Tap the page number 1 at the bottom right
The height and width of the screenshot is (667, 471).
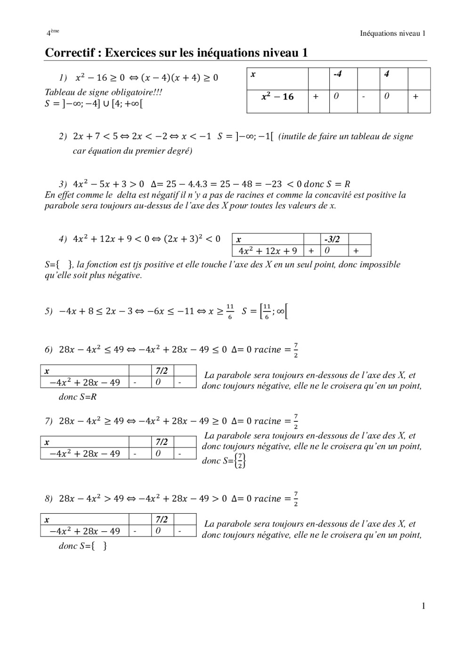423,606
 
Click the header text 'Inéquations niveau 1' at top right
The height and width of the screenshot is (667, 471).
392,33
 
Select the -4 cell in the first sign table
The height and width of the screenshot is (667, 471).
337,74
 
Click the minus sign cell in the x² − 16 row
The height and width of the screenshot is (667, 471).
364,97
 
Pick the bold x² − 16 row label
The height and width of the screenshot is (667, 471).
277,97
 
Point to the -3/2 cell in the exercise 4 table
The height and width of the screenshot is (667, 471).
332,239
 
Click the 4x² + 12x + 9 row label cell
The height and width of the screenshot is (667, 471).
268,251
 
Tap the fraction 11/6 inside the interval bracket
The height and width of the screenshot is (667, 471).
267,311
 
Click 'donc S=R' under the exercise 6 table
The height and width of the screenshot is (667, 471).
78,397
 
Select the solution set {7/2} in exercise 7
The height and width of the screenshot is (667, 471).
241,461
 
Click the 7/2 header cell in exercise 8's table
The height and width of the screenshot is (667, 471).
162,519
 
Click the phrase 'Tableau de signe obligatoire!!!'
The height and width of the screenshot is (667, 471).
103,92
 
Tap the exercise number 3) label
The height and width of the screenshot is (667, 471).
63,184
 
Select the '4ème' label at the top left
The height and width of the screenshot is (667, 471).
52,33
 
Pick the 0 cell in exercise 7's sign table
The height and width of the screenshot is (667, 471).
158,453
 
